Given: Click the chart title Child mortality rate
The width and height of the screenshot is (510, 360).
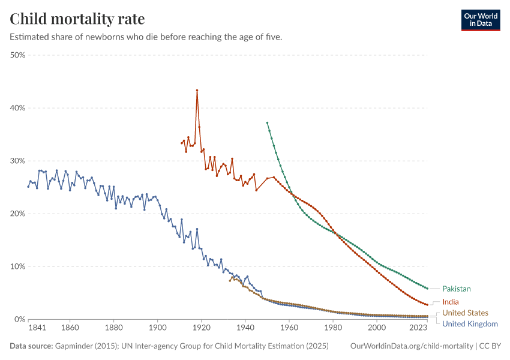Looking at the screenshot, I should tap(77, 19).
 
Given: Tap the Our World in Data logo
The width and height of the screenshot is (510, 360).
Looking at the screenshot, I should tap(480, 19).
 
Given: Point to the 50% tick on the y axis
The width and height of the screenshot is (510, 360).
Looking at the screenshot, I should tap(17, 55).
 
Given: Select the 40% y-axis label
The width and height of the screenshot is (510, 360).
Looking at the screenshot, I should tap(17, 108).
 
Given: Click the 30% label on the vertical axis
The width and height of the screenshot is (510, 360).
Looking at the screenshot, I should tap(17, 161).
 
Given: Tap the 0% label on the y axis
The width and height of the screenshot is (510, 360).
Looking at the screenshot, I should tap(19, 319).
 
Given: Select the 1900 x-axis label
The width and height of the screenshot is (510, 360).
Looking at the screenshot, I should tap(157, 329).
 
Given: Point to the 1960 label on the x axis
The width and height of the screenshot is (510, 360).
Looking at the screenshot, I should tap(289, 329).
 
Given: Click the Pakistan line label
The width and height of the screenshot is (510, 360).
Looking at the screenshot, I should tap(456, 289).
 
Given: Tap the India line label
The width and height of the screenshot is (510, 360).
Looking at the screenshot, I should tap(450, 302).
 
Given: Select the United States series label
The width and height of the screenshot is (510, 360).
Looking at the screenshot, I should tap(465, 313).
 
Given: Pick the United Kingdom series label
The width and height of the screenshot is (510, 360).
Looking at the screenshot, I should tap(470, 324).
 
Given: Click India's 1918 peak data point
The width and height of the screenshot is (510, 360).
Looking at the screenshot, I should tap(197, 91).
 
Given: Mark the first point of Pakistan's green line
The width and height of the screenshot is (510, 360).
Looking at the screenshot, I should tap(267, 122).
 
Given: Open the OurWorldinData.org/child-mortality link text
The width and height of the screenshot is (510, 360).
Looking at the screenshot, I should tap(410, 346).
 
